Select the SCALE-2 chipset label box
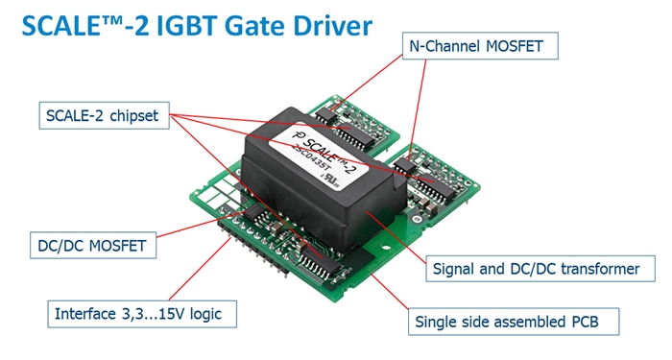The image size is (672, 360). point(104,117)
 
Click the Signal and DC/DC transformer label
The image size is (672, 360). point(536,270)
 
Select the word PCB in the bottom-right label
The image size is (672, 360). point(597,321)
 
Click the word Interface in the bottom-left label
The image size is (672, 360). point(84,313)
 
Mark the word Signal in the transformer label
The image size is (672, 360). point(456,270)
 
